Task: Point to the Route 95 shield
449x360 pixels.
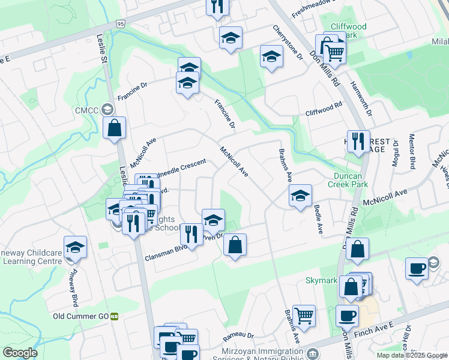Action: (x=121, y=24)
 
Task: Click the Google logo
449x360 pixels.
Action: (x=20, y=352)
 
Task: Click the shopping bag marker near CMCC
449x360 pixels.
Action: (x=113, y=128)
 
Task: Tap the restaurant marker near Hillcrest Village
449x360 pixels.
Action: (x=358, y=141)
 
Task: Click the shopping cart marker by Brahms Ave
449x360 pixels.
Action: (x=304, y=314)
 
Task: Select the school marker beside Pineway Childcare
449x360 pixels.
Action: (x=76, y=247)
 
